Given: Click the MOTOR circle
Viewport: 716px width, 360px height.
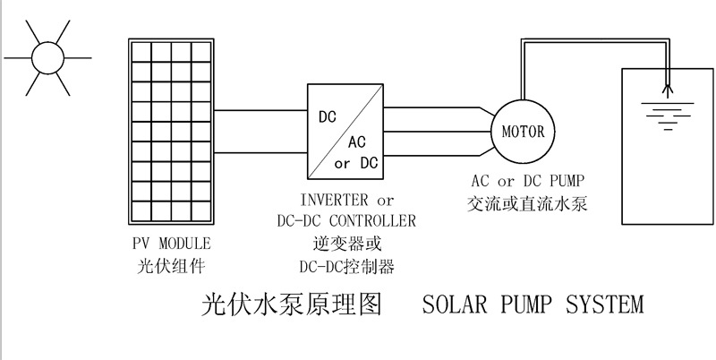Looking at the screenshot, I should tap(523, 132).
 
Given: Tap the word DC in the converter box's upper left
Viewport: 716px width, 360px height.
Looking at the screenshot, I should tap(328, 116).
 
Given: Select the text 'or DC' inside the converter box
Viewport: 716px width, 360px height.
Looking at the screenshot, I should tap(355, 163).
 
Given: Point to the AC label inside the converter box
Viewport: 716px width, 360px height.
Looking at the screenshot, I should tap(356, 142).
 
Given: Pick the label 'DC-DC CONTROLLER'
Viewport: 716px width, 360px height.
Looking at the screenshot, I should tap(347, 220).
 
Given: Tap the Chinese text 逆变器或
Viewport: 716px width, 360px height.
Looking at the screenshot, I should tap(347, 243).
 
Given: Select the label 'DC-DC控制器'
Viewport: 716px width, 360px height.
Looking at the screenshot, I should tap(347, 266).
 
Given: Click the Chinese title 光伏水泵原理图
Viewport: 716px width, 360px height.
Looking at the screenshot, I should tap(290, 305).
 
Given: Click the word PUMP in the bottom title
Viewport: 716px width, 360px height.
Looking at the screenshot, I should tap(531, 305).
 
